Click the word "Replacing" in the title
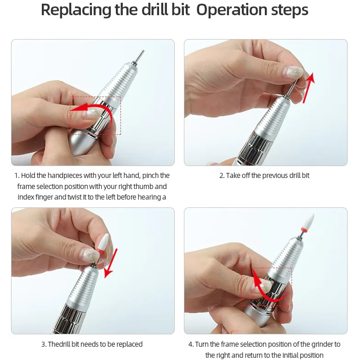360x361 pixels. point(76,11)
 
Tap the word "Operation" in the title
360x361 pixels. point(231,11)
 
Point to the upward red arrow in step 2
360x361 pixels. point(309,87)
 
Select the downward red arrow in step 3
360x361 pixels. point(111,263)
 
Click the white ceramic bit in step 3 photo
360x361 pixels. point(103,242)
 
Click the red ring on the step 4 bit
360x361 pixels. point(304,229)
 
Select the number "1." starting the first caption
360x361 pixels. point(17,176)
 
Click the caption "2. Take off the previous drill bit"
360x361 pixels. point(264,176)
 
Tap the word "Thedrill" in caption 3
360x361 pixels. point(59,344)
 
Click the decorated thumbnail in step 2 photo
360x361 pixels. point(294,72)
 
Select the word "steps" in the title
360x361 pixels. point(290,11)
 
